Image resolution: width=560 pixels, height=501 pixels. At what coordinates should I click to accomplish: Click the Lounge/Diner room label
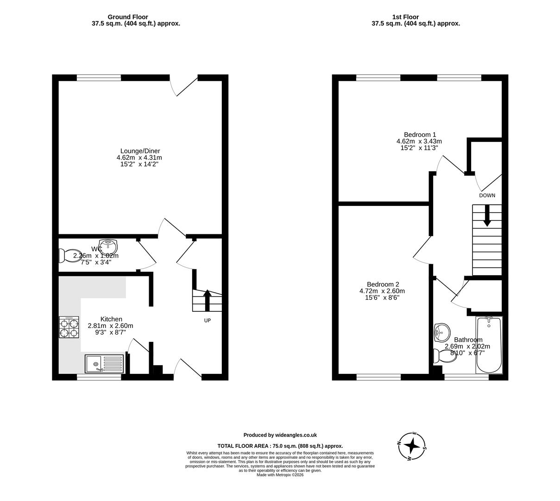click(140, 151)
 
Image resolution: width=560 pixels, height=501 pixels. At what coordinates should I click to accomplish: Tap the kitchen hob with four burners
click(69, 328)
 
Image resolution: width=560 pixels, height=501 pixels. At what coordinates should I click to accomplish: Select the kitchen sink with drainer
click(104, 364)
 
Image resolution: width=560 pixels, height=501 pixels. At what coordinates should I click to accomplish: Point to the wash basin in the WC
click(109, 244)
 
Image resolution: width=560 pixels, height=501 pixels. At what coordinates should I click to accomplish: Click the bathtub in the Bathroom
click(489, 345)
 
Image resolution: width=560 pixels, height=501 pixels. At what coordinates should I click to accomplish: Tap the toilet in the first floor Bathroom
click(444, 356)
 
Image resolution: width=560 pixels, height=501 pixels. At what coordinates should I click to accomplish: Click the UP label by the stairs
click(208, 321)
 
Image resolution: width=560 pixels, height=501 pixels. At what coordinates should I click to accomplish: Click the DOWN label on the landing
click(487, 196)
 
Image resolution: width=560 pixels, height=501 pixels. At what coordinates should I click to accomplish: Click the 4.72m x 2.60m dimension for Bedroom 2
click(382, 291)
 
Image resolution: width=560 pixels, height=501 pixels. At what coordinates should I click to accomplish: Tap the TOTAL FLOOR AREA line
click(280, 446)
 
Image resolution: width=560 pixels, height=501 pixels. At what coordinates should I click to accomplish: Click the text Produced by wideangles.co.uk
click(280, 435)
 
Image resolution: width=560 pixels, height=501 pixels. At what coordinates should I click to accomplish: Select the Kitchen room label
click(111, 319)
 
